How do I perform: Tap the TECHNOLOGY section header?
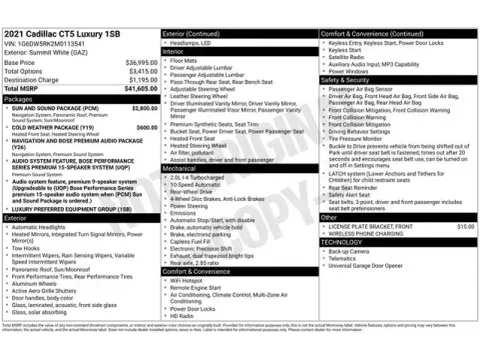click(x=344, y=242)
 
